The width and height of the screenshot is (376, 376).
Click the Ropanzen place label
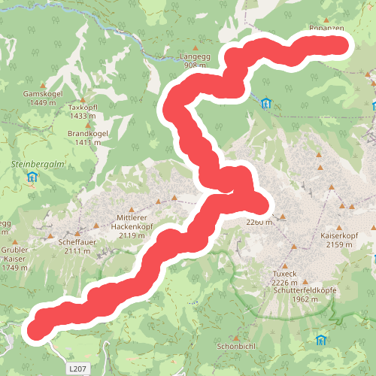(x=326, y=28)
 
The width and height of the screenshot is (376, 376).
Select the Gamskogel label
(x=41, y=93)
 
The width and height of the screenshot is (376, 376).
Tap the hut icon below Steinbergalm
(x=32, y=177)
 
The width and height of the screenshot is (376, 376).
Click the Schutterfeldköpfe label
(x=305, y=290)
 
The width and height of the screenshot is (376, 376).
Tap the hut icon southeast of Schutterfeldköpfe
(x=321, y=340)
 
